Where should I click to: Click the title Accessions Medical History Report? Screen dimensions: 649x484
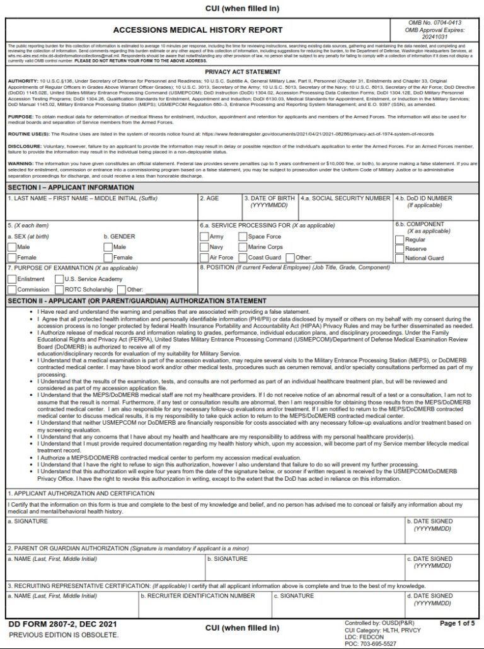click(x=198, y=30)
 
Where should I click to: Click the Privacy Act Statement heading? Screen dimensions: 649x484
click(x=242, y=72)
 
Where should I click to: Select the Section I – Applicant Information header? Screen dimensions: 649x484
click(x=71, y=188)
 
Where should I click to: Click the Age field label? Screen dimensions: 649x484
click(x=209, y=198)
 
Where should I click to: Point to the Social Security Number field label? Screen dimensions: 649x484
click(x=345, y=198)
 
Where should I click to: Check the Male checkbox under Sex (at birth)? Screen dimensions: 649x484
click(x=12, y=247)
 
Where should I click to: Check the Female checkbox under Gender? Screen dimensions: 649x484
click(x=108, y=257)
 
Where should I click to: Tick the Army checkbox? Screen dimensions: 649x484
click(x=204, y=237)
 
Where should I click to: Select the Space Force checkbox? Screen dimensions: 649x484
click(x=243, y=237)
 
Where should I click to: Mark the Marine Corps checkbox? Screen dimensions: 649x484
click(x=243, y=247)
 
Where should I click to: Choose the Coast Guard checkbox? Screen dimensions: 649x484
click(x=243, y=257)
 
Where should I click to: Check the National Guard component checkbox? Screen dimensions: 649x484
click(x=400, y=258)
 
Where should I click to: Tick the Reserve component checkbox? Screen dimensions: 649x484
click(x=400, y=248)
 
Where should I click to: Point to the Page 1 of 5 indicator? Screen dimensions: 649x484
click(x=456, y=624)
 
